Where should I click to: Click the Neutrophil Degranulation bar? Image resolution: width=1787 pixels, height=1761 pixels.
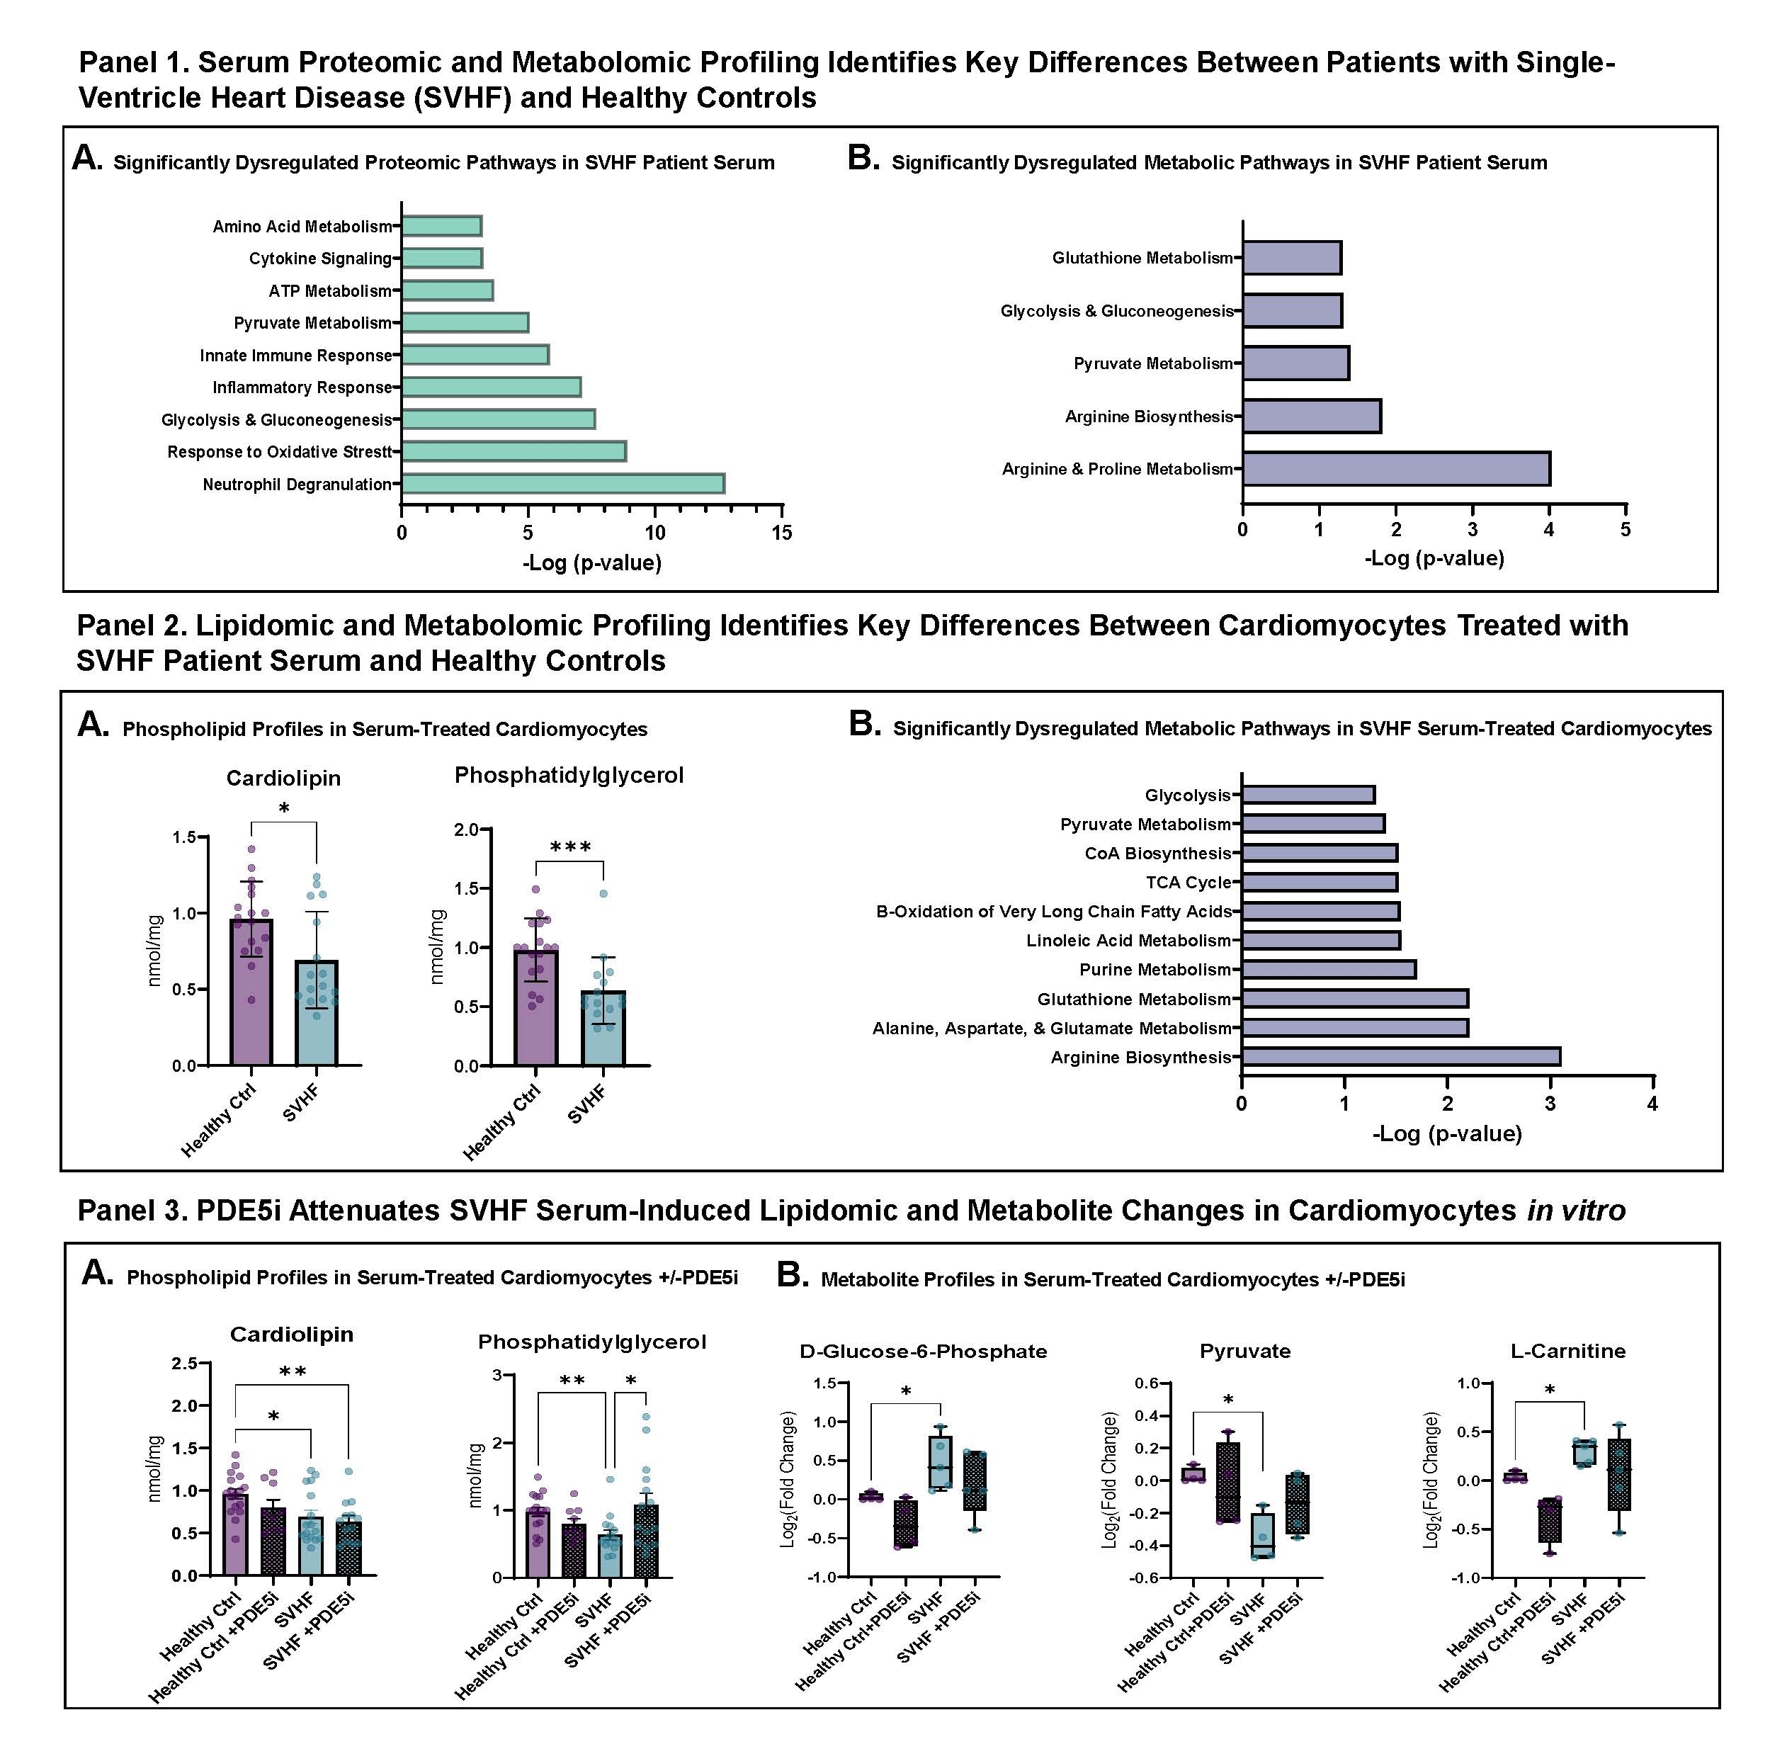click(562, 484)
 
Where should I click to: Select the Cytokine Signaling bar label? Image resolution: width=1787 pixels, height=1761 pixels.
click(320, 259)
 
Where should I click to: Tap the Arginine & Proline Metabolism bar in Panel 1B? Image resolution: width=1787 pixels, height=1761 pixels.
click(1395, 469)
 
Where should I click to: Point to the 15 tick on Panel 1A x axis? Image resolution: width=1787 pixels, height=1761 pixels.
click(781, 533)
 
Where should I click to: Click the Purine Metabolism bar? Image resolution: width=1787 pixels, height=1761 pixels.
click(1328, 969)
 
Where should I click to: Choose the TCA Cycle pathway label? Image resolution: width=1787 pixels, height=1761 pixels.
click(1188, 883)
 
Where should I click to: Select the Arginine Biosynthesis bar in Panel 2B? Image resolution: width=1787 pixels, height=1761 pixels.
click(1400, 1056)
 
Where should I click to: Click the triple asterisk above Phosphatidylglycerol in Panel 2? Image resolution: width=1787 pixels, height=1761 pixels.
click(569, 847)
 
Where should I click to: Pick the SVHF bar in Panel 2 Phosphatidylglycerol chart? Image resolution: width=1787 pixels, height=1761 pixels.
click(603, 1028)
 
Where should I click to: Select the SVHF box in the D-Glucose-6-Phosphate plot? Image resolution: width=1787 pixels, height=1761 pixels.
click(940, 1463)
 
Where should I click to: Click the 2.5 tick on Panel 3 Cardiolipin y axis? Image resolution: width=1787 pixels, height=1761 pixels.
click(184, 1364)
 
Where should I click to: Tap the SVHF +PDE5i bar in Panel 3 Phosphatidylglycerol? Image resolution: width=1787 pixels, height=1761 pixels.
click(646, 1540)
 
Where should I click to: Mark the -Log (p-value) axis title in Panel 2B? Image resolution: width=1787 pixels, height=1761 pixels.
click(1446, 1134)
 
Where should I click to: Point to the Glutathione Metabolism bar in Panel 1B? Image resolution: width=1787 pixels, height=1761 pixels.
click(1291, 258)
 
